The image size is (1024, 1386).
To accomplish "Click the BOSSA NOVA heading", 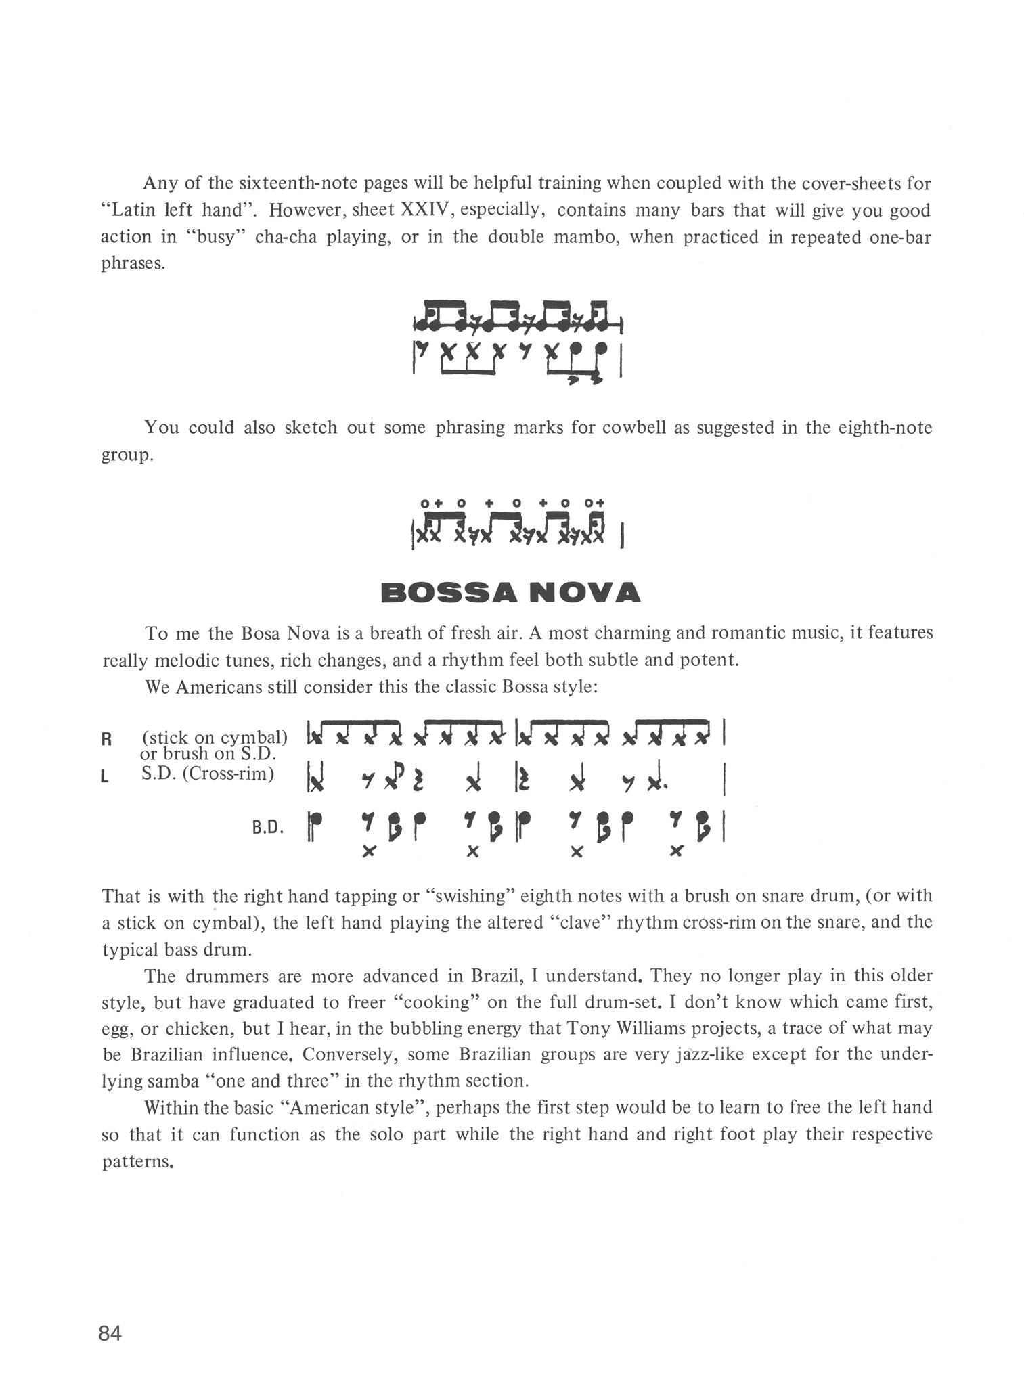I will [510, 592].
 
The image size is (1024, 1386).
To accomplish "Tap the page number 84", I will [110, 1333].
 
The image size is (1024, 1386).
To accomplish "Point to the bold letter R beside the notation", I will [106, 739].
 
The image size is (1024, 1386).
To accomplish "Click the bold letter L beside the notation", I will [105, 778].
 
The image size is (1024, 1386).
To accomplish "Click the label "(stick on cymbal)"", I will [215, 737].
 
